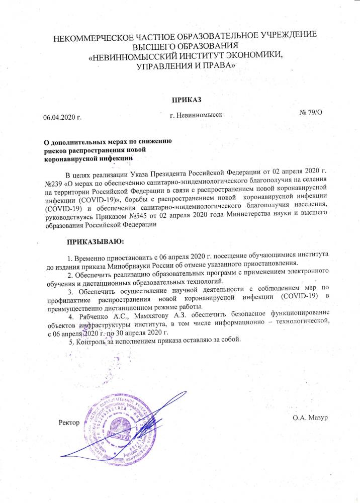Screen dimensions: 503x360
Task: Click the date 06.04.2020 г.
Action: pyautogui.click(x=62, y=118)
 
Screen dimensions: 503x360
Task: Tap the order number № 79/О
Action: pyautogui.click(x=310, y=112)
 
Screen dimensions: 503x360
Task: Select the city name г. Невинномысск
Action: pyautogui.click(x=196, y=115)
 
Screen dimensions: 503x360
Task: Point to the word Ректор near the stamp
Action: pyautogui.click(x=69, y=422)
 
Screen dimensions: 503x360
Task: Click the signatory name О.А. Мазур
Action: pyautogui.click(x=310, y=417)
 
